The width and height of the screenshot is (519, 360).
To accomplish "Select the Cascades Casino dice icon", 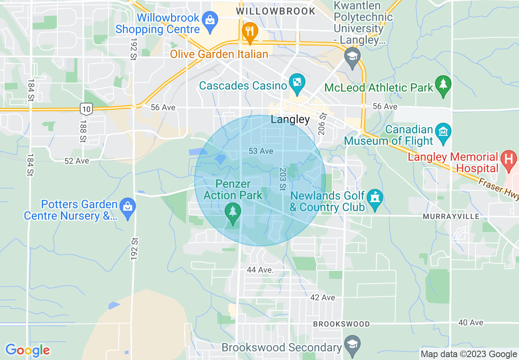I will (295, 83).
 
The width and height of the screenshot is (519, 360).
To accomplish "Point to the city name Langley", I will (290, 119).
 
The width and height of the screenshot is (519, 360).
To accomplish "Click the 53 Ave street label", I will (261, 151).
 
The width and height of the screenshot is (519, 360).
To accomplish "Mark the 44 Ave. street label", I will (260, 270).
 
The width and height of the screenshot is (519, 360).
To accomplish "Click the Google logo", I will (27, 350).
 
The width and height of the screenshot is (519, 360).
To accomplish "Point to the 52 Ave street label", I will (77, 161).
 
